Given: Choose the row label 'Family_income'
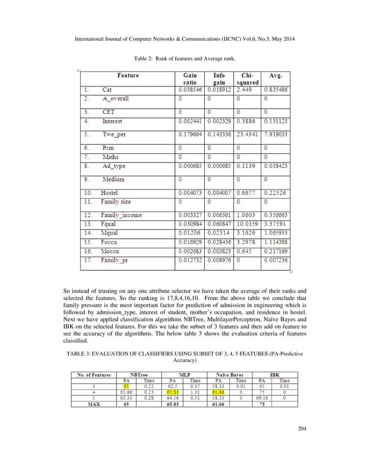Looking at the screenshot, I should point(122,215).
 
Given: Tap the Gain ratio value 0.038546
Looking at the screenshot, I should point(190,90).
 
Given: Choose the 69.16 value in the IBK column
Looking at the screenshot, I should point(262,397).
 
